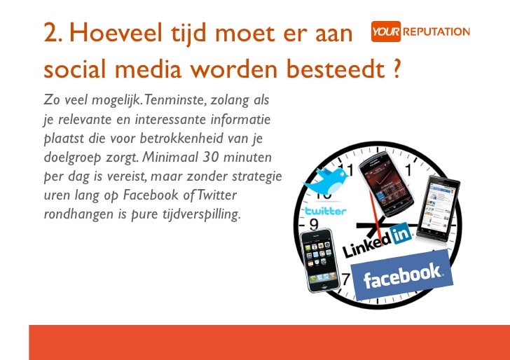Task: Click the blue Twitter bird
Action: tap(326, 180)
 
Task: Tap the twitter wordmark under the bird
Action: tap(324, 211)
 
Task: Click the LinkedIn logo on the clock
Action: tap(377, 240)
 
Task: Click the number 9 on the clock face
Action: tap(315, 225)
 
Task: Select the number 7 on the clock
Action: tap(345, 279)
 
